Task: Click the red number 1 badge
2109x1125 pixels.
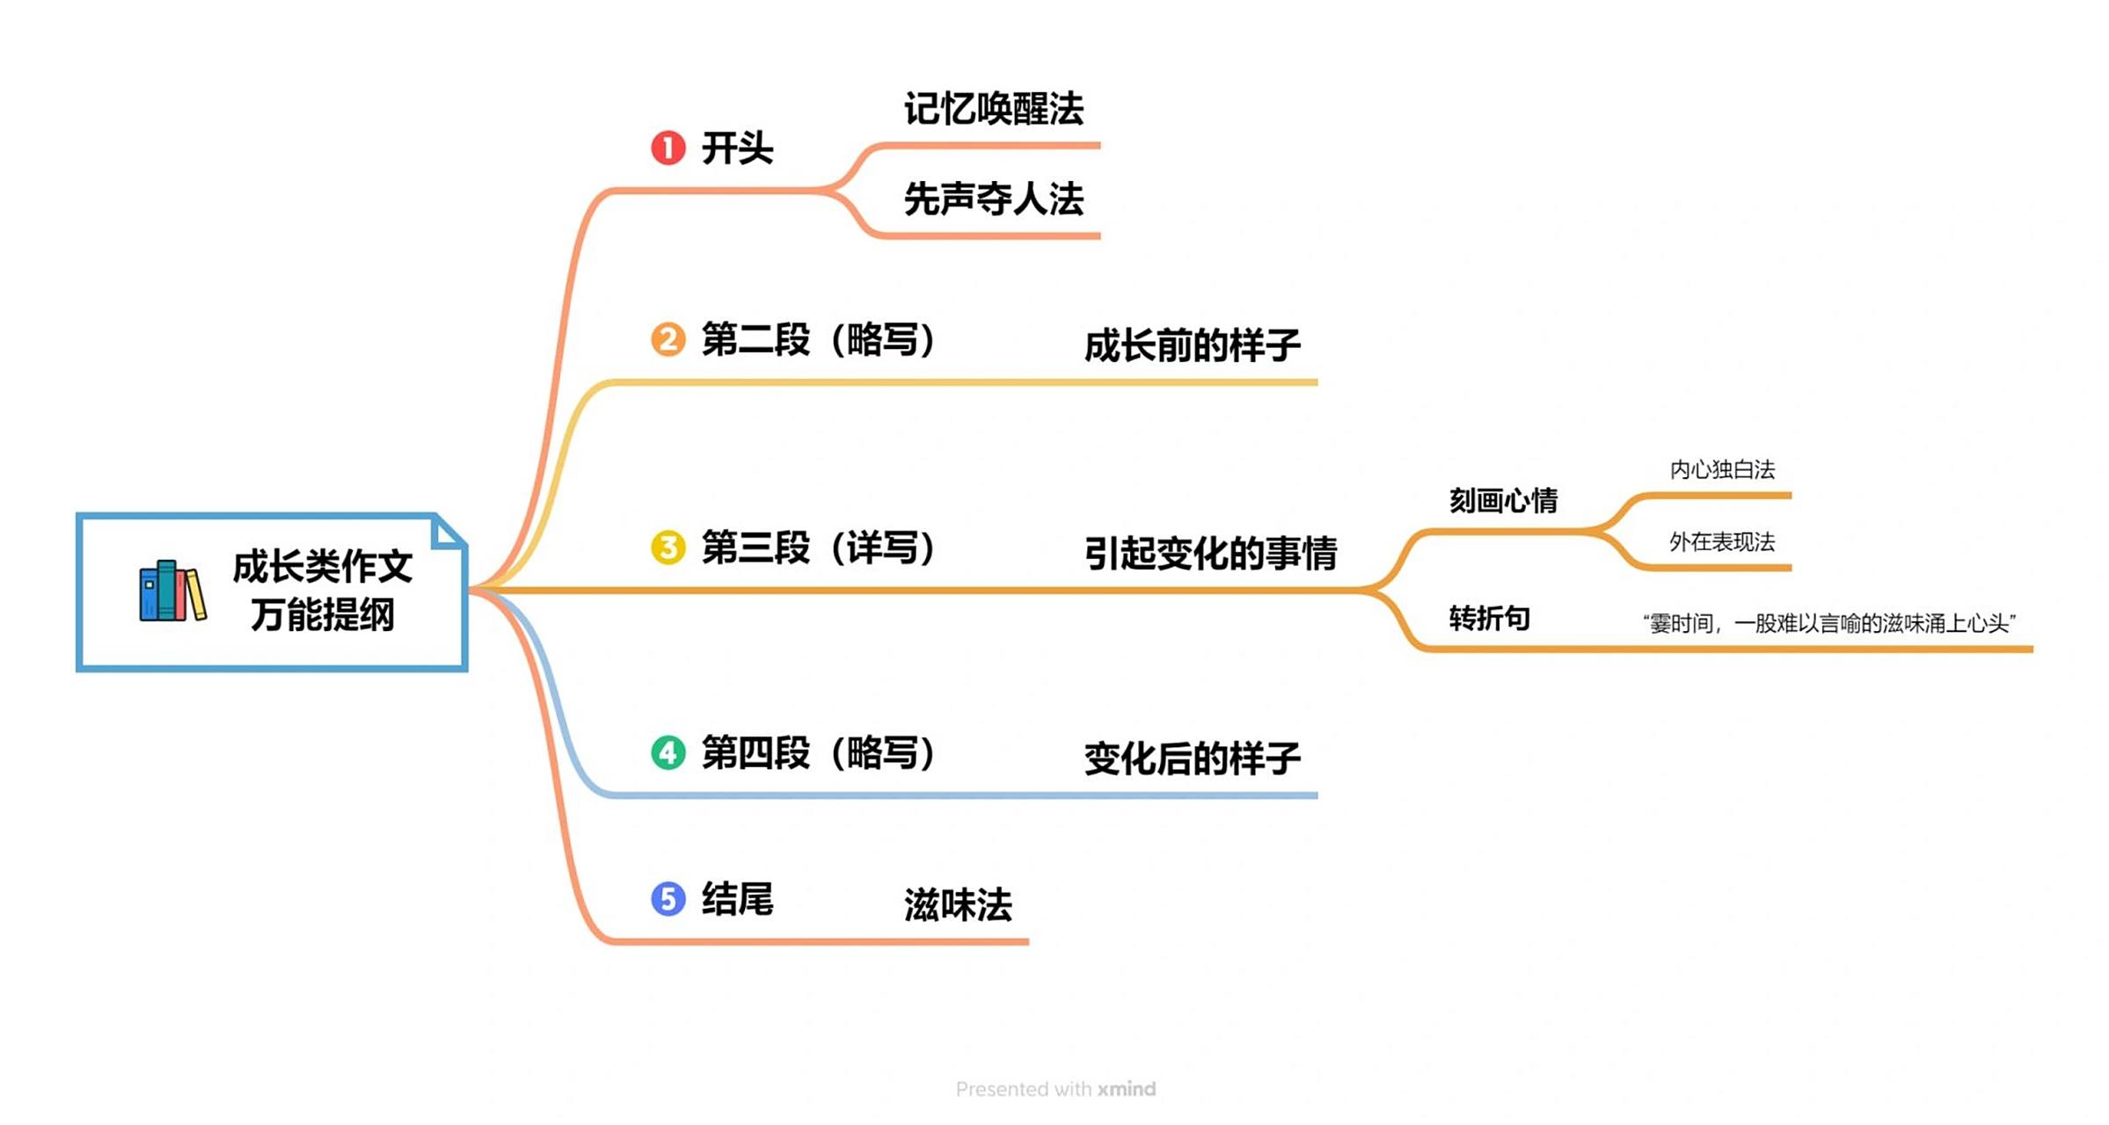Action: [668, 148]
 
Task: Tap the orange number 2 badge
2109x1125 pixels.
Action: [668, 339]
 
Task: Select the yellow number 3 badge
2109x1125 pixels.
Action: [668, 548]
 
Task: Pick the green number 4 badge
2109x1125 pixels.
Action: [668, 752]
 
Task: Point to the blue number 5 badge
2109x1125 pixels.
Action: [668, 898]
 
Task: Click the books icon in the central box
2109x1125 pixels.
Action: [172, 592]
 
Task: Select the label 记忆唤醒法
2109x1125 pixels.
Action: [993, 109]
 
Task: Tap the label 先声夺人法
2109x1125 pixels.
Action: [993, 200]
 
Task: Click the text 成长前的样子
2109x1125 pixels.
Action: [1192, 345]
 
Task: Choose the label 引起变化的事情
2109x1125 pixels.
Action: [1210, 554]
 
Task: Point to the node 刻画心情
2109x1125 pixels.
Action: [1503, 501]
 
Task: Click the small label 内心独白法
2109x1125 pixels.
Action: [1721, 470]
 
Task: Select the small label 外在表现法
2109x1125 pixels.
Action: [1721, 542]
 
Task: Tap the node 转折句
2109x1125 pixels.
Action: [1489, 619]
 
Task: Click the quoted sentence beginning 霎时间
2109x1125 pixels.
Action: [1828, 624]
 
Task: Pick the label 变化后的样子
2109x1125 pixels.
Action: [1192, 758]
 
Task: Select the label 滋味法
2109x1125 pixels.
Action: [958, 904]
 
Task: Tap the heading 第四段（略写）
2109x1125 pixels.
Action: [818, 753]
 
